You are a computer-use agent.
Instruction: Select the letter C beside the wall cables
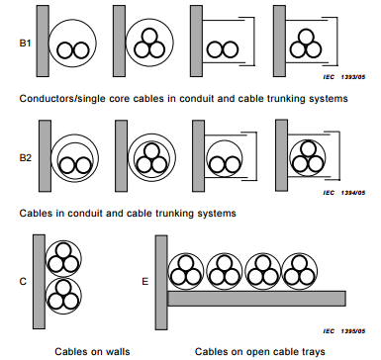click(x=23, y=281)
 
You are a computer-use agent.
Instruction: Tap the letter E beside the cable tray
click(x=145, y=281)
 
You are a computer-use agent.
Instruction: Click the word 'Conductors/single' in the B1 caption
click(x=71, y=98)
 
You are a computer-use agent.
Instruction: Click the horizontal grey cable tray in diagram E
click(x=256, y=299)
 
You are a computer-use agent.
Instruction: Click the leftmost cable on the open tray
click(x=188, y=270)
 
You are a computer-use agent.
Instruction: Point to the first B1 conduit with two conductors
click(x=71, y=45)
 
